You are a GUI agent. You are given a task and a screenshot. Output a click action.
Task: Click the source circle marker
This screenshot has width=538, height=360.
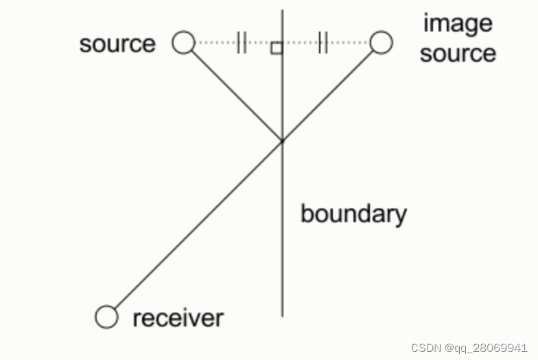[183, 43]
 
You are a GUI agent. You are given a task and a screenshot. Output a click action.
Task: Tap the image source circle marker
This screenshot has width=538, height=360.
[381, 43]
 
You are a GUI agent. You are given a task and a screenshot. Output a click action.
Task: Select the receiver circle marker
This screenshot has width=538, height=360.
[106, 317]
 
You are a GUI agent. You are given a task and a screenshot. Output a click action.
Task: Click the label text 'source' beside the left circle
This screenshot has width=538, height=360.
[117, 44]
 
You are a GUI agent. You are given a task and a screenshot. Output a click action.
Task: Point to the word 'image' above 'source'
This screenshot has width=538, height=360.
[458, 23]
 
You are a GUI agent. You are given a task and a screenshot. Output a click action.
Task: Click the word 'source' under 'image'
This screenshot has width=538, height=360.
[458, 53]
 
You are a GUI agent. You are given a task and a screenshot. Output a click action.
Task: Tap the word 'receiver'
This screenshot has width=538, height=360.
[178, 318]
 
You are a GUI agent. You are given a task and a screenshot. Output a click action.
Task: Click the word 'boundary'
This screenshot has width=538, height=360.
[353, 215]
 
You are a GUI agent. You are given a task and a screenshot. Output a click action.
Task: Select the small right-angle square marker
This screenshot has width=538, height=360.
[276, 48]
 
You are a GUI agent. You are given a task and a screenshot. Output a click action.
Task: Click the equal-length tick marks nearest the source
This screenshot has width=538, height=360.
[241, 43]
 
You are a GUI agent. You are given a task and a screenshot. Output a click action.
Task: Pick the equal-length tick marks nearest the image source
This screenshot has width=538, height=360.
[323, 43]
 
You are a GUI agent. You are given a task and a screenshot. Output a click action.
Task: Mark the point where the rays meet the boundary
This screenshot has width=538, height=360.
[282, 141]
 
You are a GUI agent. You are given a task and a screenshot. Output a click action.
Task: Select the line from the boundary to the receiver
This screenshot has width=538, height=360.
[196, 228]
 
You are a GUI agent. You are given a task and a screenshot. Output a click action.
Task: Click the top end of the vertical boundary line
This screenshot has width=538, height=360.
[282, 11]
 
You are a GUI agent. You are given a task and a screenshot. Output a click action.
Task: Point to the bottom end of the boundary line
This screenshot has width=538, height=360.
[282, 315]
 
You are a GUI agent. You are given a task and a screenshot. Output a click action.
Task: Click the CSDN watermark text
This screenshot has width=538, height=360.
[469, 348]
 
